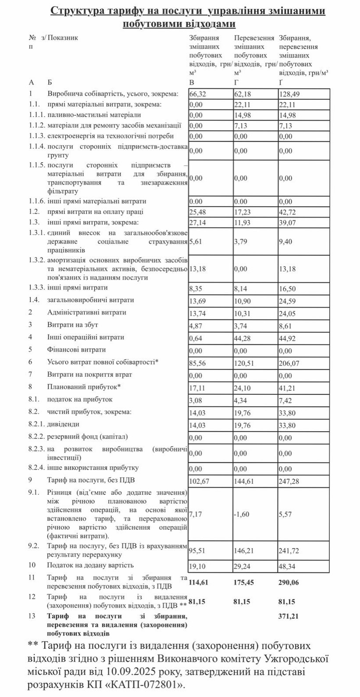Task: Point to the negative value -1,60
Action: click(242, 514)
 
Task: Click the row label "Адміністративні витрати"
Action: click(86, 312)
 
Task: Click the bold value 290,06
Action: click(288, 583)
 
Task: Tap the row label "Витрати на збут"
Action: click(72, 325)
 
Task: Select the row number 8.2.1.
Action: click(36, 425)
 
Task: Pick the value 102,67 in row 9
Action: click(199, 481)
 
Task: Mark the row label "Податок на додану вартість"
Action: click(90, 565)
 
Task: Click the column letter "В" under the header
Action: click(191, 82)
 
